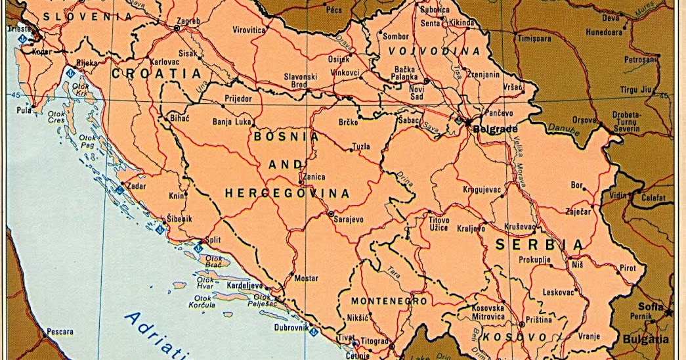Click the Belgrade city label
pyautogui.click(x=496, y=129)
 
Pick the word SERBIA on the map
pyautogui.click(x=539, y=244)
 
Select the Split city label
pyautogui.click(x=213, y=240)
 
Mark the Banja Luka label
pyautogui.click(x=232, y=122)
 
